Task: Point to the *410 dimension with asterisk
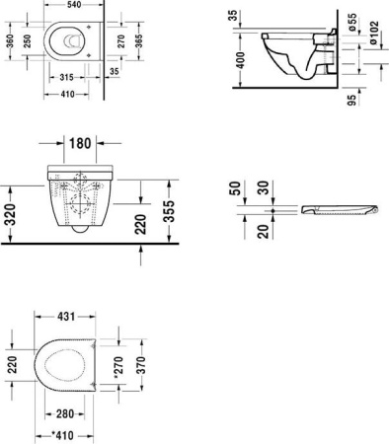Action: click(65, 435)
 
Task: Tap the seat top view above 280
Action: click(67, 367)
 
